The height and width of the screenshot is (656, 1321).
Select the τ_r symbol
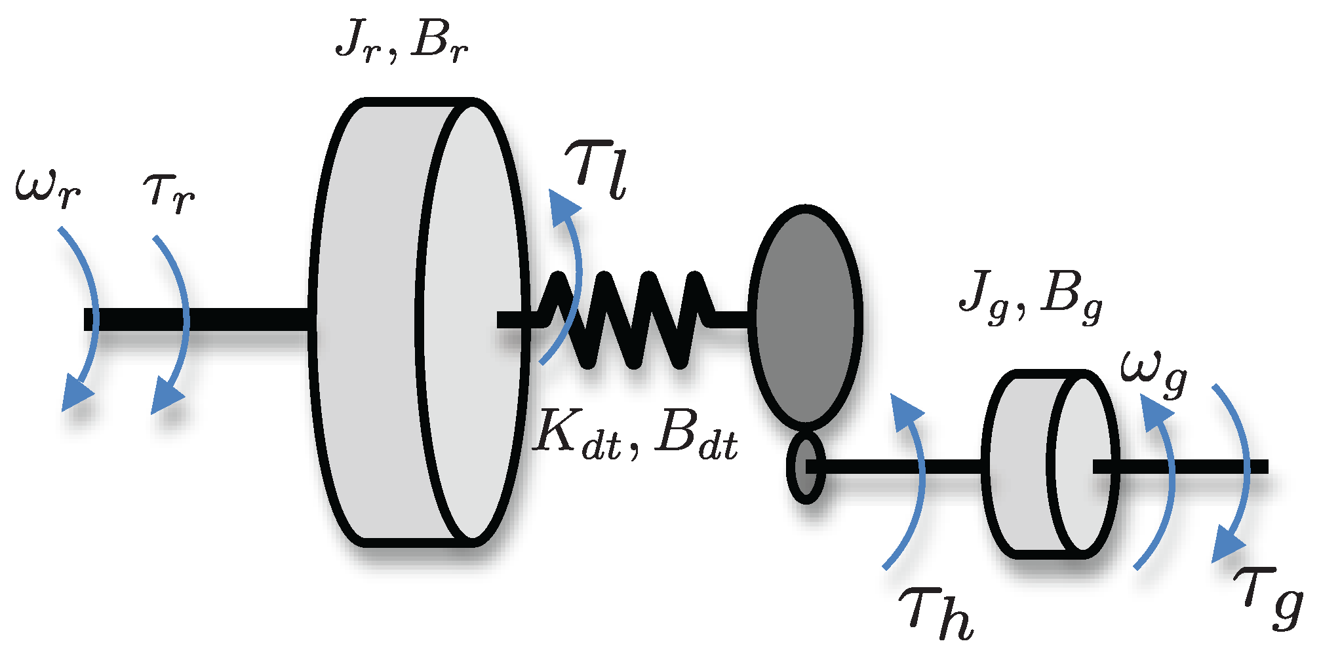coord(168,193)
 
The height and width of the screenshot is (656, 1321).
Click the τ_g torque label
coord(1269,598)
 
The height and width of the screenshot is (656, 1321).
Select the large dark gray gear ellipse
coord(805,315)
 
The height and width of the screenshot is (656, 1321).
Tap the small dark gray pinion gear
coord(805,467)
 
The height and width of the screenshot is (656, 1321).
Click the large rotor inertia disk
coord(420,321)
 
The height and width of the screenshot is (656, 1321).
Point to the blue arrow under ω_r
coord(85,315)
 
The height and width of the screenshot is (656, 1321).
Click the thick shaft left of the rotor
coord(197,320)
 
